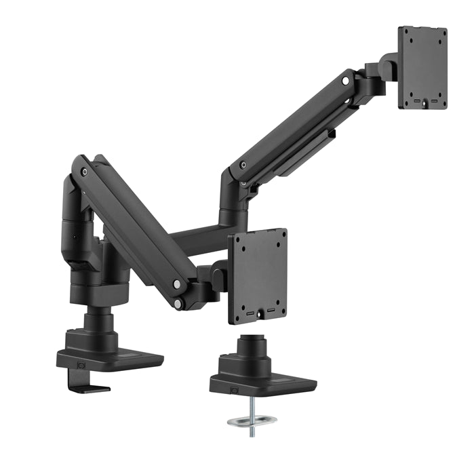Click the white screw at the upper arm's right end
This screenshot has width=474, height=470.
(346, 81)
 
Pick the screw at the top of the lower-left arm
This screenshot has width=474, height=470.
(83, 172)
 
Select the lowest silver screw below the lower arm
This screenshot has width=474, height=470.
(177, 305)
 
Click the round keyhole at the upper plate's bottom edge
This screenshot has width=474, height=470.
(424, 104)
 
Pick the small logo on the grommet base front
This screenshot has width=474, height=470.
(234, 390)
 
